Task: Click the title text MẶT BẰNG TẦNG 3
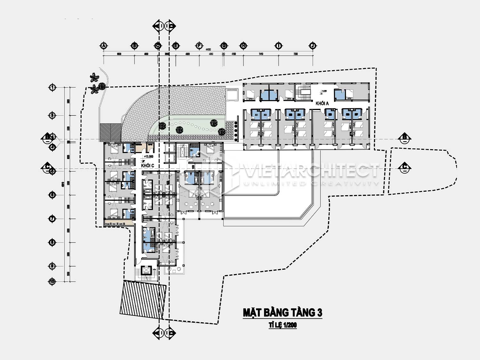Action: pyautogui.click(x=283, y=312)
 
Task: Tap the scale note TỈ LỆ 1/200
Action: pyautogui.click(x=283, y=325)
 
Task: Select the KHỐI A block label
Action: pyautogui.click(x=322, y=103)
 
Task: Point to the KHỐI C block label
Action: pyautogui.click(x=148, y=165)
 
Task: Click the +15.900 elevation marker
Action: pyautogui.click(x=148, y=157)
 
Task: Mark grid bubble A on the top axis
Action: pyautogui.click(x=103, y=46)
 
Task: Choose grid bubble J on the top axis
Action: pyautogui.click(x=313, y=46)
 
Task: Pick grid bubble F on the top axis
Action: pyautogui.click(x=199, y=46)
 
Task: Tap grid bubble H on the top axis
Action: pyautogui.click(x=243, y=46)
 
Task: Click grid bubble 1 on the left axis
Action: pyautogui.click(x=52, y=87)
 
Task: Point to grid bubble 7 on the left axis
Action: pyautogui.click(x=52, y=219)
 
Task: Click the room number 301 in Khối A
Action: pyautogui.click(x=256, y=115)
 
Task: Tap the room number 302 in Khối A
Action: pyautogui.click(x=265, y=115)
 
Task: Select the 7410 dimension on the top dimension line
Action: pyautogui.click(x=261, y=54)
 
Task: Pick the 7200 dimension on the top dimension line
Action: pyautogui.click(x=295, y=54)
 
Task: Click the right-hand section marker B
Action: pyautogui.click(x=405, y=138)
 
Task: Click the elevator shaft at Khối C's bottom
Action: pyautogui.click(x=146, y=271)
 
